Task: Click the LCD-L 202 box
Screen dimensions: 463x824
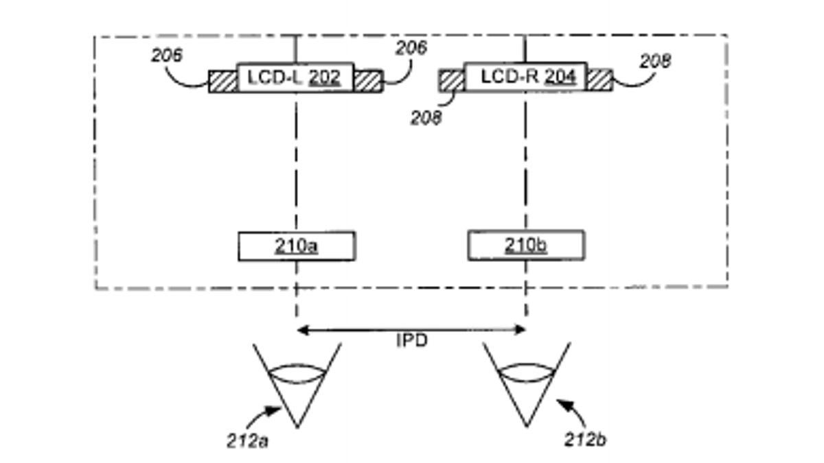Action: tap(295, 78)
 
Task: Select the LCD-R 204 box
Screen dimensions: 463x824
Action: tap(525, 77)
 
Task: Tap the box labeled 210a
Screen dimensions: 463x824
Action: tap(297, 246)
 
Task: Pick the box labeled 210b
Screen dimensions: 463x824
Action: tap(526, 246)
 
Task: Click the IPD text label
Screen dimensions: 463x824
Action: tap(412, 340)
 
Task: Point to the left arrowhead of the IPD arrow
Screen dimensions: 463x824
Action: tap(301, 331)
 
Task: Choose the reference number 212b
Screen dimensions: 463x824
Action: tap(585, 440)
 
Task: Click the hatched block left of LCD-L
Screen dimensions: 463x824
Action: tap(223, 81)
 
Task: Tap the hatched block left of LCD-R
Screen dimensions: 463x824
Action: tap(452, 80)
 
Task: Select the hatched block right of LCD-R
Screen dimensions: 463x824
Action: tap(599, 80)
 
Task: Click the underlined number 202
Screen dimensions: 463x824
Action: tap(324, 78)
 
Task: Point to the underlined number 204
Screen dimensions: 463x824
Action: tap(560, 77)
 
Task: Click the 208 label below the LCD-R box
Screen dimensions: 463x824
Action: tap(426, 118)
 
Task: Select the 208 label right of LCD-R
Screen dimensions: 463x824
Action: tap(655, 62)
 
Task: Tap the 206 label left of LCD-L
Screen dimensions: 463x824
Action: tap(168, 56)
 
